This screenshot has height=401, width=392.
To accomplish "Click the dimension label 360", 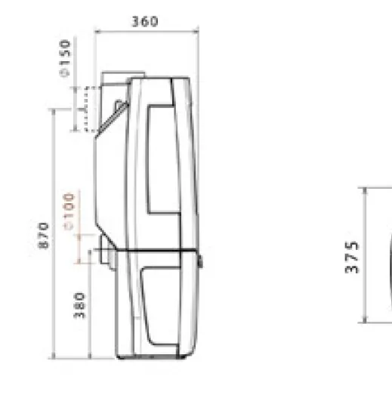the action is (x=145, y=21).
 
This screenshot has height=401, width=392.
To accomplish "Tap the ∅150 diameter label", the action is (x=65, y=58).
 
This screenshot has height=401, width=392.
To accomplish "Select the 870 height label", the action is (x=43, y=236).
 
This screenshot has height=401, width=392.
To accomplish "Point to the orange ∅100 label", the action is (x=69, y=211).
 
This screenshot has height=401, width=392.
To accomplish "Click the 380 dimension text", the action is (x=79, y=305).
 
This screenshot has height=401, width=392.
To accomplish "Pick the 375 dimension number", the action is (x=352, y=257).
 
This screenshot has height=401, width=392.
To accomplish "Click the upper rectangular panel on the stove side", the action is (x=164, y=159).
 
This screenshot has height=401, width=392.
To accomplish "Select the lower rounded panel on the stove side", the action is (x=161, y=306).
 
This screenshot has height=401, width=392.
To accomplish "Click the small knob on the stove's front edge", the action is (x=200, y=261).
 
